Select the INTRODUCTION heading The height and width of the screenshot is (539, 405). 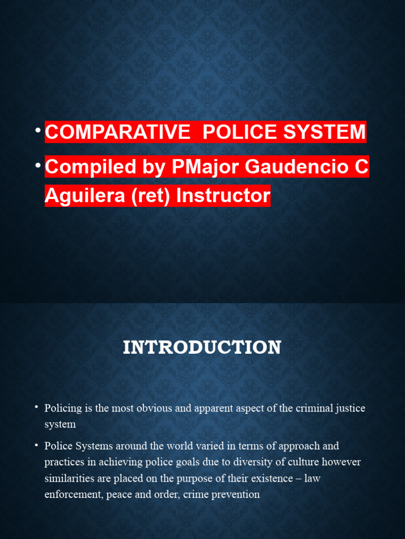point(202,347)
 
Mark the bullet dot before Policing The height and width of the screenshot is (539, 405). point(37,407)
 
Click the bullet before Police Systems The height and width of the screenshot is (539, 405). point(37,445)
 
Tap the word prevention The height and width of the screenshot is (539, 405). point(236,495)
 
